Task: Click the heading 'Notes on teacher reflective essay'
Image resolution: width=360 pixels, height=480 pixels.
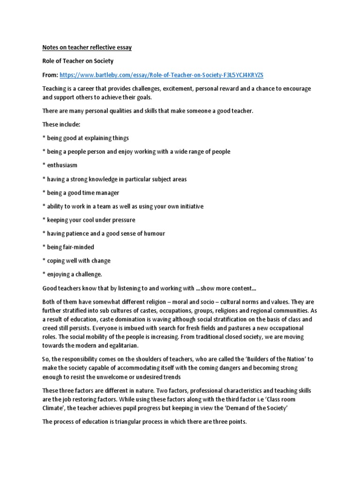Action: point(87,48)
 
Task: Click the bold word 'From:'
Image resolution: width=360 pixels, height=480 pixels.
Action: point(51,75)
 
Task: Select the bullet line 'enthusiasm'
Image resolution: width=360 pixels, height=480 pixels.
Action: point(62,165)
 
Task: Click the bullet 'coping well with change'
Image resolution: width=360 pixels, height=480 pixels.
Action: point(78,261)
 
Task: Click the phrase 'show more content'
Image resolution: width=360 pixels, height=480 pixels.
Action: point(225,288)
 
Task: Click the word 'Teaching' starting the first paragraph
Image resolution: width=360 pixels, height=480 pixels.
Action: point(55,89)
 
